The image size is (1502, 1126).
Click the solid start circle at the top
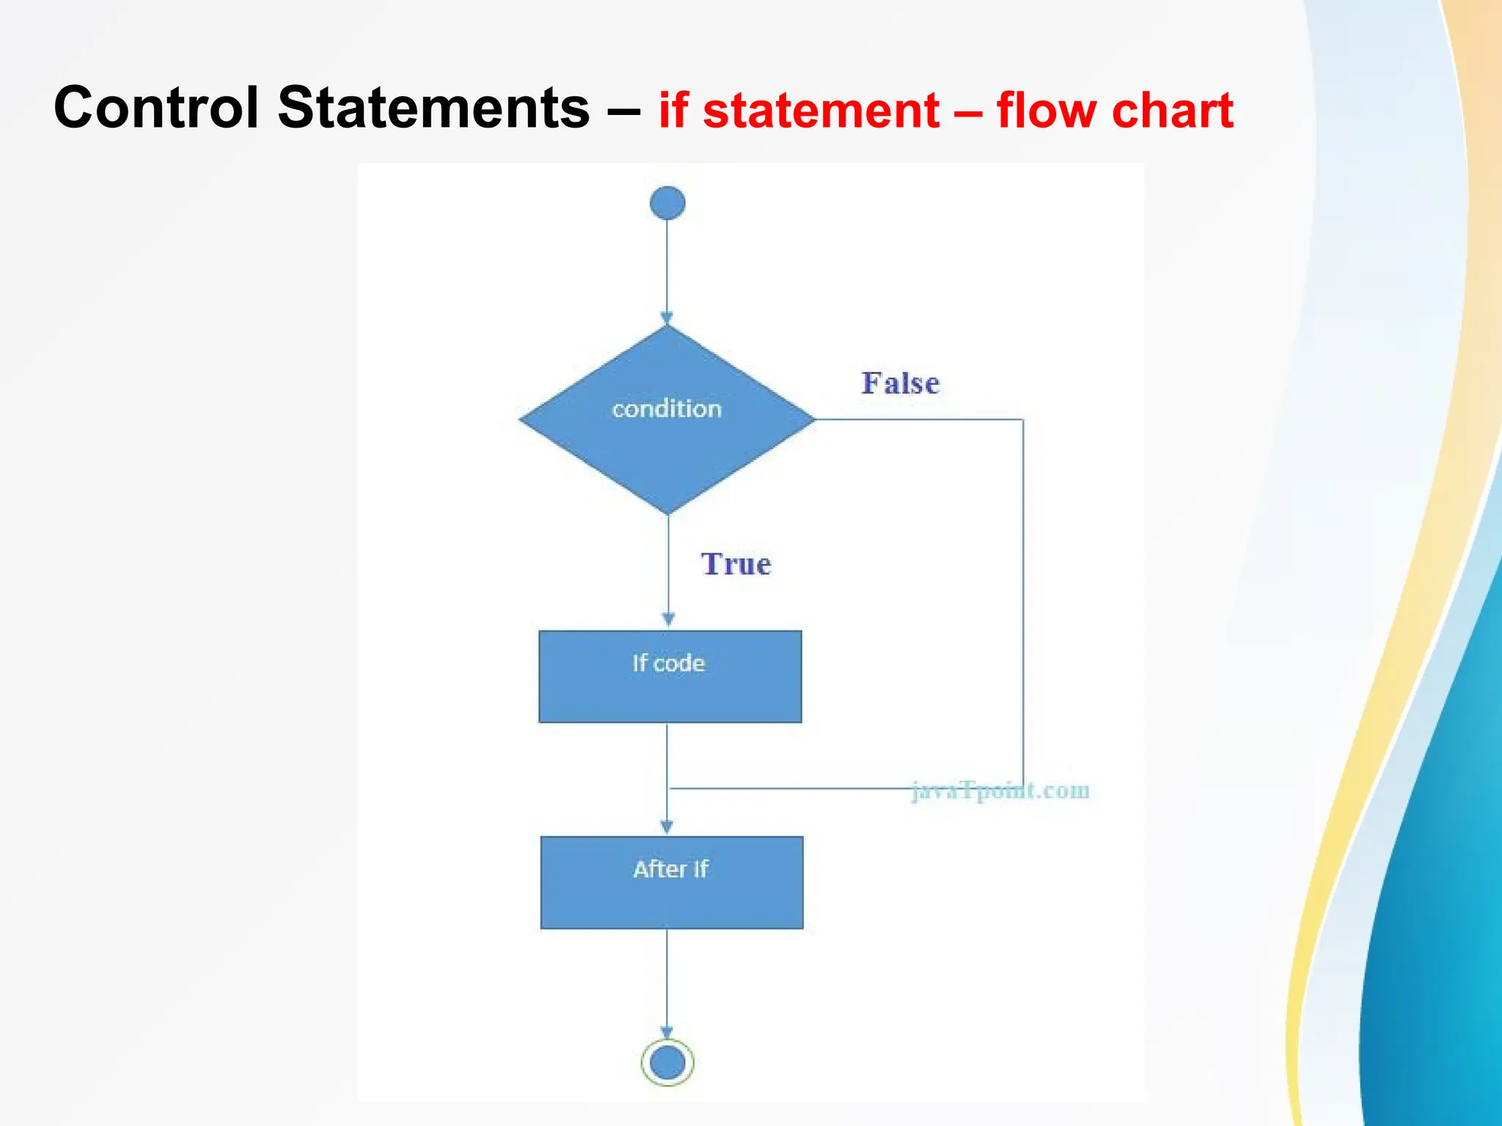pyautogui.click(x=667, y=203)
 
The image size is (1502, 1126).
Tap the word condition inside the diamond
pyautogui.click(x=667, y=409)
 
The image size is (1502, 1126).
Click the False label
pyautogui.click(x=900, y=383)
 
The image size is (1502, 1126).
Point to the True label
pyautogui.click(x=736, y=564)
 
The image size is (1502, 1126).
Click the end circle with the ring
pyautogui.click(x=667, y=1062)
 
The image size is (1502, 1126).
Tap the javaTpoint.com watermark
pyautogui.click(x=1000, y=790)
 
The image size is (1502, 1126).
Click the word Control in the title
pyautogui.click(x=156, y=108)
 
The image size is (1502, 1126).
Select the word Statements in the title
pyautogui.click(x=433, y=108)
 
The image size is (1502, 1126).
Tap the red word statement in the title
pyautogui.click(x=821, y=111)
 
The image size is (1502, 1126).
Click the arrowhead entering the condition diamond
pyautogui.click(x=667, y=318)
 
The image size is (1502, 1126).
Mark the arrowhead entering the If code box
pyautogui.click(x=668, y=620)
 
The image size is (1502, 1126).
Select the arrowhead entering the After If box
pyautogui.click(x=667, y=827)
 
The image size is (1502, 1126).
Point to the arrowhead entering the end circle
pyautogui.click(x=667, y=1032)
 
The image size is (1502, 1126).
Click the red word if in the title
pyautogui.click(x=673, y=111)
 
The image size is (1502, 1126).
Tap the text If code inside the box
pyautogui.click(x=668, y=663)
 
